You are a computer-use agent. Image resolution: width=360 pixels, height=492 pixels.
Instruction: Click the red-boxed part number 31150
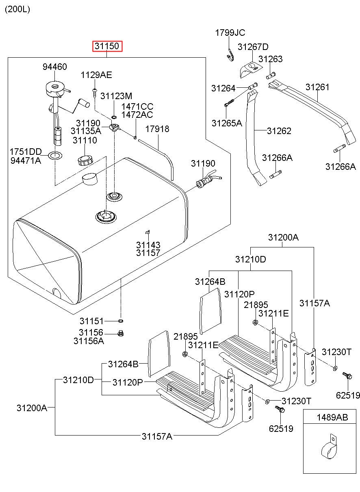tap(107, 46)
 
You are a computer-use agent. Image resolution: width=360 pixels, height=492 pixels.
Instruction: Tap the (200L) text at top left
tap(17, 9)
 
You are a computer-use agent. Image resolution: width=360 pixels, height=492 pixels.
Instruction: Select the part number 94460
tap(54, 67)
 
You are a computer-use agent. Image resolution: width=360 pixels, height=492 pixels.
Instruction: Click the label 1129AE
tap(96, 75)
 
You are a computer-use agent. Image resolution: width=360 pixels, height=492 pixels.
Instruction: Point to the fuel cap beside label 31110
tap(85, 159)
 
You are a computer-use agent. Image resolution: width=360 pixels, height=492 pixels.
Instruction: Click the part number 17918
tap(157, 129)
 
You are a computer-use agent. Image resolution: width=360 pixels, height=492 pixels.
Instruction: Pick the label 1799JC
tap(230, 33)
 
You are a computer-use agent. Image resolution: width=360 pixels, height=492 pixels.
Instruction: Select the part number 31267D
tap(253, 47)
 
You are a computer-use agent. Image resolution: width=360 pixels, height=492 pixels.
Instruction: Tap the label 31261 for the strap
tap(317, 87)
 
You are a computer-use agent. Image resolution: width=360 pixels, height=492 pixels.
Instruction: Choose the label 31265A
tap(226, 123)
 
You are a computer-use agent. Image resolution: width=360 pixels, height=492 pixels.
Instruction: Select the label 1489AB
tap(332, 417)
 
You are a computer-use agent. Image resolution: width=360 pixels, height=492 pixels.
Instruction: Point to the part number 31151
tap(91, 321)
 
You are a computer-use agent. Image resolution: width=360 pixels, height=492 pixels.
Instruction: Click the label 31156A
tap(89, 341)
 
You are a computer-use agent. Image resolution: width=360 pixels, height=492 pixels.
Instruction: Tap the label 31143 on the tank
tap(148, 245)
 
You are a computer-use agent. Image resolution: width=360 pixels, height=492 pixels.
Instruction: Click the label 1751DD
tap(26, 152)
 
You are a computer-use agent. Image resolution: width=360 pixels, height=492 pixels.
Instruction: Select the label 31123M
tap(116, 96)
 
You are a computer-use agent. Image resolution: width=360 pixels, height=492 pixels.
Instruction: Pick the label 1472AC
tap(137, 115)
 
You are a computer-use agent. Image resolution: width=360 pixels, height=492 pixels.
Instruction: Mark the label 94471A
tap(26, 160)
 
